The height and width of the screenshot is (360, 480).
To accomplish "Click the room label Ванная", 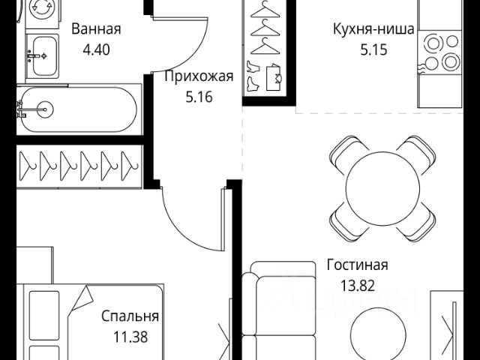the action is click(x=96, y=30).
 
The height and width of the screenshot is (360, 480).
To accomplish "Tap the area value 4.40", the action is click(x=96, y=53).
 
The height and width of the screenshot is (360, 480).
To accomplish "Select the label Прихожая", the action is click(x=199, y=76).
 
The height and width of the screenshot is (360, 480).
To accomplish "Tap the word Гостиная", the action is click(x=357, y=265).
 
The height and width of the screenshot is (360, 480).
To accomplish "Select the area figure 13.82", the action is click(x=357, y=286).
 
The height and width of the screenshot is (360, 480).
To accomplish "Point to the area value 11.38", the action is click(x=124, y=337).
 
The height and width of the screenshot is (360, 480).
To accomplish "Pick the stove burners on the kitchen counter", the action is click(x=441, y=52).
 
